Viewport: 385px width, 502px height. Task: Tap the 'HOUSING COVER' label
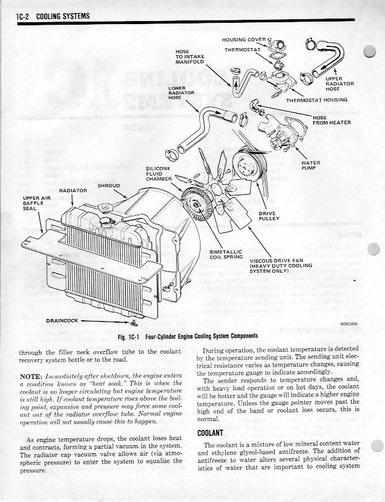click(244, 40)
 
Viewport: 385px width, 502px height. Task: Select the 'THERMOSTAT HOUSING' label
click(317, 100)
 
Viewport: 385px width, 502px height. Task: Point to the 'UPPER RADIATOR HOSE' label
click(340, 83)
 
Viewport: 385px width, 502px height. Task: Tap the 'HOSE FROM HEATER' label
click(332, 120)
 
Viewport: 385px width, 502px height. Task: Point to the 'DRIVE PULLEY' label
click(269, 216)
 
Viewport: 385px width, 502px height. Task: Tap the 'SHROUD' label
click(109, 185)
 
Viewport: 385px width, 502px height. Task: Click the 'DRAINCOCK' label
click(62, 321)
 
